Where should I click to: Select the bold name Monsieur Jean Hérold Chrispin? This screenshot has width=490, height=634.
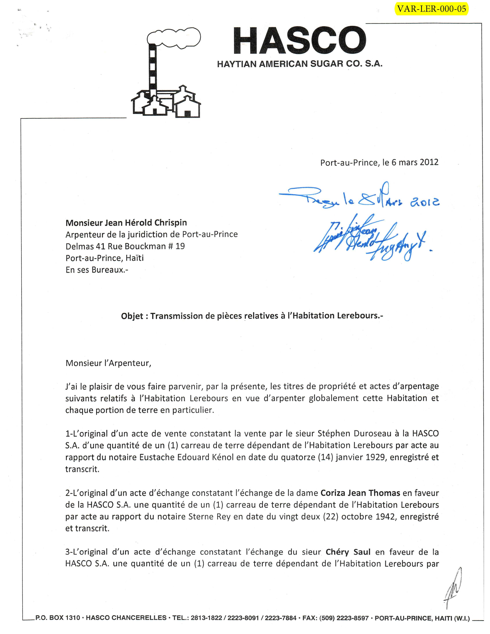point(126,223)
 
